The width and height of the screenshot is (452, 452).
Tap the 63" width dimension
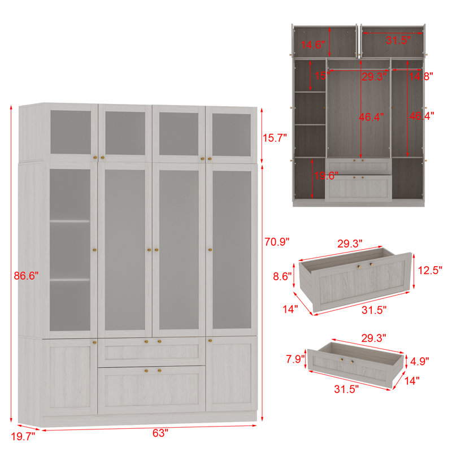[160, 433]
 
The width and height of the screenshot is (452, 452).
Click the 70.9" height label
[277, 242]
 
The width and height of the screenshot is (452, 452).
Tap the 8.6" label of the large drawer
[282, 276]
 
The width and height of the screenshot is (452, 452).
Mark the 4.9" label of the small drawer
[420, 361]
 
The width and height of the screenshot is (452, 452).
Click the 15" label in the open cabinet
[320, 76]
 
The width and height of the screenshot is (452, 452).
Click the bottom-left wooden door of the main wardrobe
[70, 375]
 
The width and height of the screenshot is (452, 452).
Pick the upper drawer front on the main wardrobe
[151, 350]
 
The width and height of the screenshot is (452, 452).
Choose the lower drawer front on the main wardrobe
[151, 389]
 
